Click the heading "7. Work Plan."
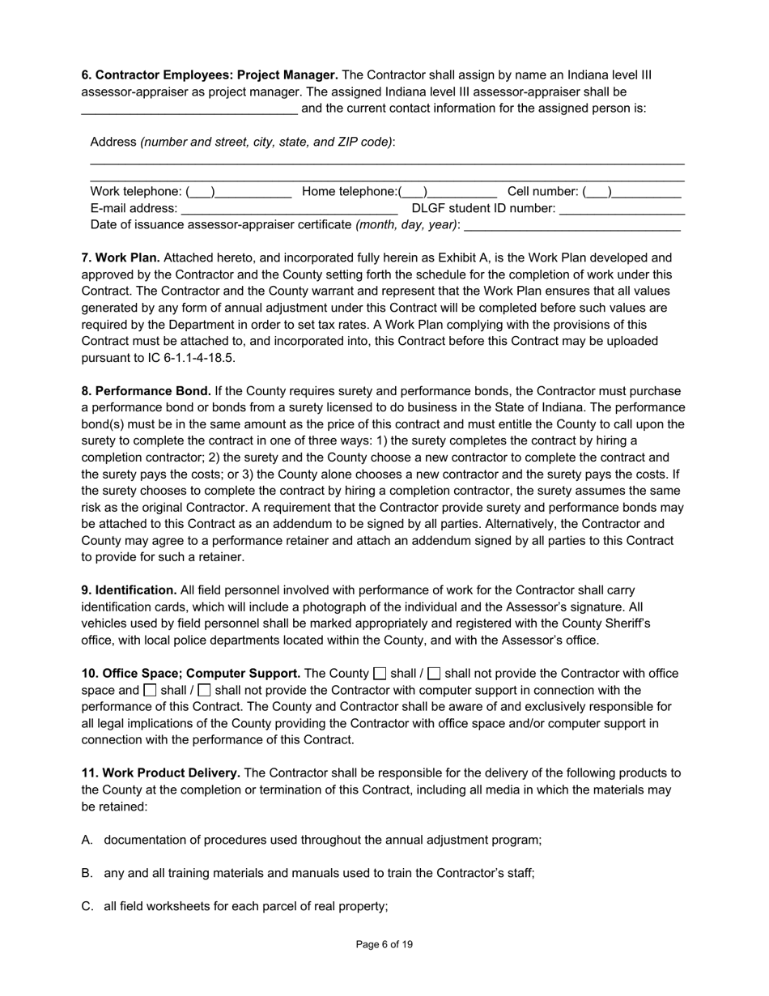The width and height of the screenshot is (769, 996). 121,258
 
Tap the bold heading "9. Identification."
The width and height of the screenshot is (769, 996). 129,590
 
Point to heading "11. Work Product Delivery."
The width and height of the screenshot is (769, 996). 160,773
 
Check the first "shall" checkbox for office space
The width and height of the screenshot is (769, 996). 380,674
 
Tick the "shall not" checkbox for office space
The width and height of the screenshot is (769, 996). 435,674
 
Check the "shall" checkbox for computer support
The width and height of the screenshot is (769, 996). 150,691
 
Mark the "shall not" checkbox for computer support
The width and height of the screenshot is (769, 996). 205,691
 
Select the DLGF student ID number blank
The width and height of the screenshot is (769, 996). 622,210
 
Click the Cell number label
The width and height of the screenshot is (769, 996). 542,192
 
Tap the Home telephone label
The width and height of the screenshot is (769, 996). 349,192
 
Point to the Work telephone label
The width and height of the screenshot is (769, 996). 136,192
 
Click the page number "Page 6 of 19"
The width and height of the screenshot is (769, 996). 384,944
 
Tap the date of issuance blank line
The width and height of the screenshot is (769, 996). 571,226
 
